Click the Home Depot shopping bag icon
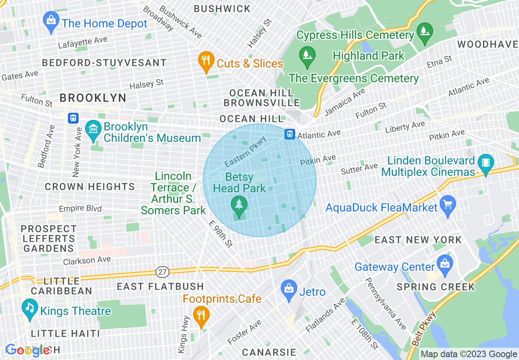pos(51,23)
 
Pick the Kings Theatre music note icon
pos(29,310)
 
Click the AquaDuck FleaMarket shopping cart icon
pos(447,206)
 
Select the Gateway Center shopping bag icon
pos(445,265)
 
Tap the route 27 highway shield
pos(162,272)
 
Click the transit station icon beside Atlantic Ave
pos(290,134)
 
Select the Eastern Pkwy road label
pos(246,152)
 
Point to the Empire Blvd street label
pos(80,209)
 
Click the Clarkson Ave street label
pos(87,260)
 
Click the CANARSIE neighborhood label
pos(269,352)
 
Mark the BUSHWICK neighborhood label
pos(222,9)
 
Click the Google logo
pos(28,350)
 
